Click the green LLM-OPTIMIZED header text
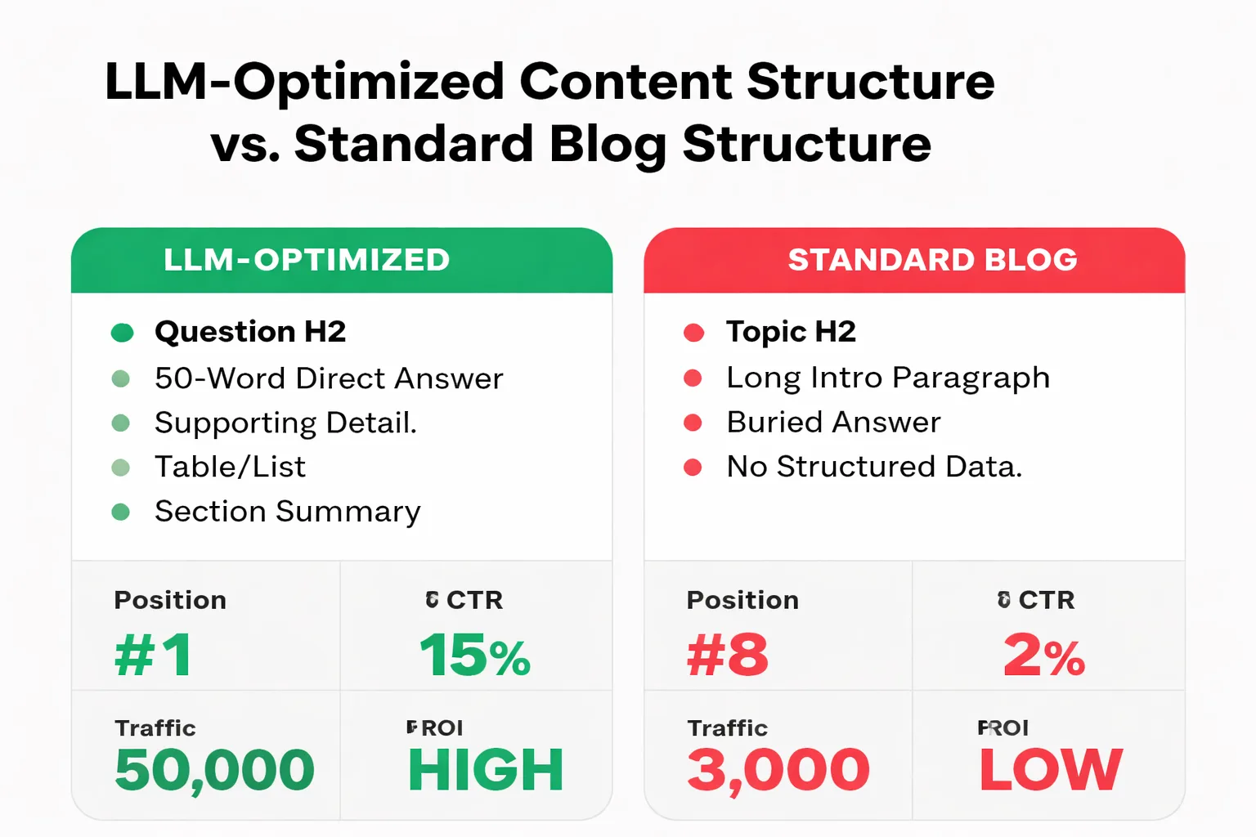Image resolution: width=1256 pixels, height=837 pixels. click(307, 260)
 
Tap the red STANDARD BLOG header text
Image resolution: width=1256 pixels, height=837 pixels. click(932, 260)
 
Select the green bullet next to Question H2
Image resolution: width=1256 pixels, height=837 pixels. click(122, 332)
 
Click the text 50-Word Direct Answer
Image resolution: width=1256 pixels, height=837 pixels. click(329, 378)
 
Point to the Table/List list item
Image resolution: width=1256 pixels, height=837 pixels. click(230, 467)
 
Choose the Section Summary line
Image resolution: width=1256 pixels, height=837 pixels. click(287, 512)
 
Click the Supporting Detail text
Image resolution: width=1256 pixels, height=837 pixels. click(285, 423)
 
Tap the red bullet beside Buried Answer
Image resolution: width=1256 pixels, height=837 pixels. click(693, 423)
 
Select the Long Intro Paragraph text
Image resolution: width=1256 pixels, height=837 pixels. click(888, 378)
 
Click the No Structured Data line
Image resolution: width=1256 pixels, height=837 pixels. click(874, 467)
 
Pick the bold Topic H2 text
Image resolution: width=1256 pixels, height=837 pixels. click(791, 332)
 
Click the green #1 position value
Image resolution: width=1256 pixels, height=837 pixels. click(154, 656)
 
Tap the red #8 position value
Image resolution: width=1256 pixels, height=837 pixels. click(728, 656)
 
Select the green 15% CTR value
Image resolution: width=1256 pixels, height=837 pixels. click(475, 656)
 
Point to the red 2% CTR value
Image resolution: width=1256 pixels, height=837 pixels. click(1044, 656)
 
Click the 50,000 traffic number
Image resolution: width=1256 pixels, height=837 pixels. click(214, 770)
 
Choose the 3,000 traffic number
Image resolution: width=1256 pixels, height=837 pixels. click(778, 770)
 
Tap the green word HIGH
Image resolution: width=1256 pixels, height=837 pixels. click(486, 770)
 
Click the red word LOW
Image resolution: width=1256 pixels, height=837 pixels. click(1051, 770)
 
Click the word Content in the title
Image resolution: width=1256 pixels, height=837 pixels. click(626, 82)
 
